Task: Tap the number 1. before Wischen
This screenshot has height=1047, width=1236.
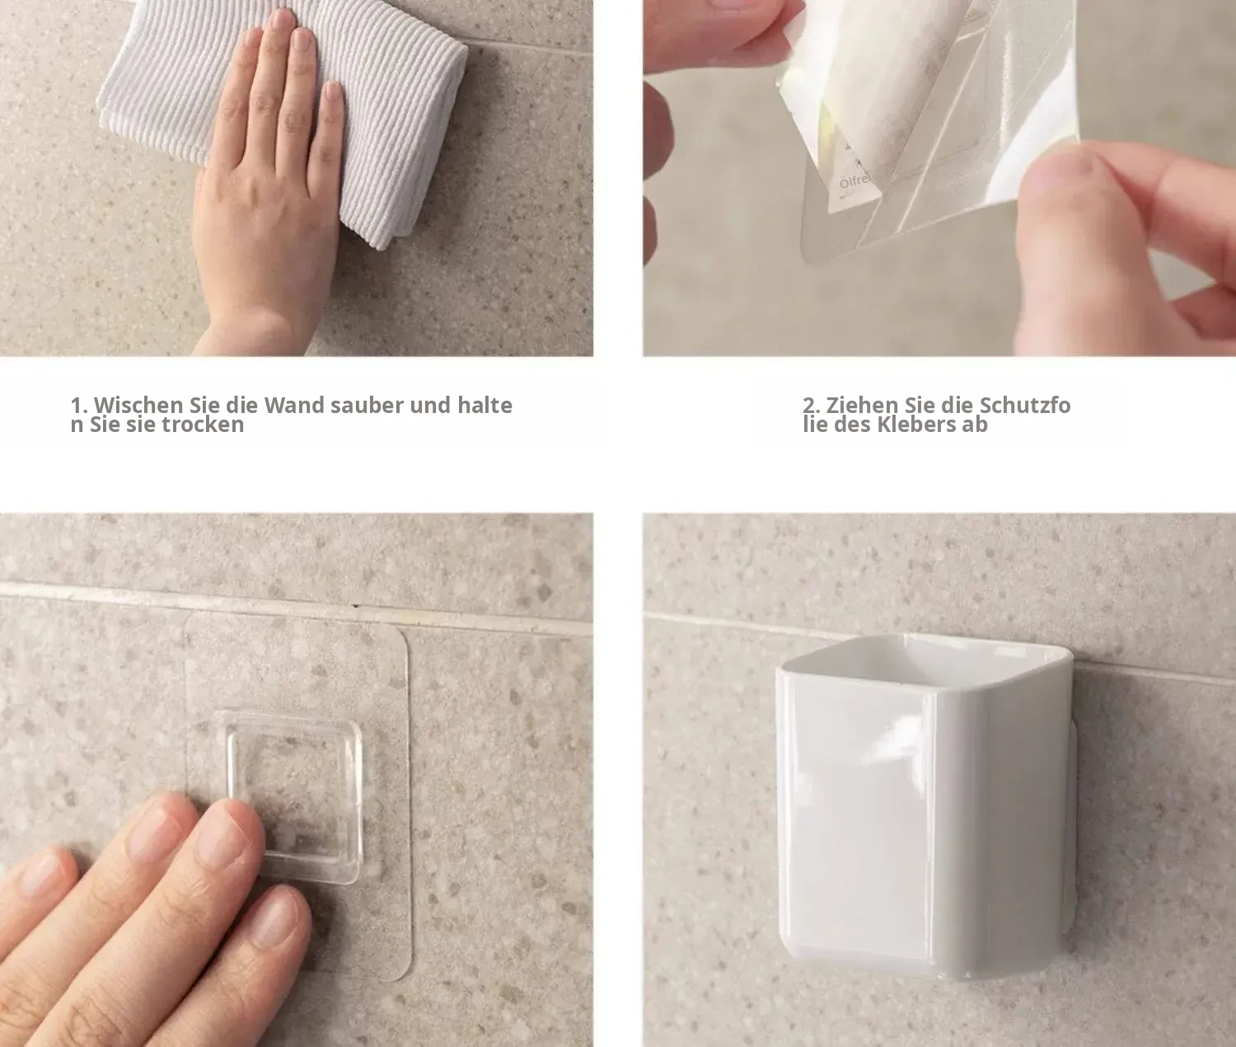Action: tap(79, 406)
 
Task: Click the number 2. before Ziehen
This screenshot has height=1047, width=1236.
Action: tap(811, 406)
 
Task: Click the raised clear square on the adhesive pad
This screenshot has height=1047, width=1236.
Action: tap(294, 796)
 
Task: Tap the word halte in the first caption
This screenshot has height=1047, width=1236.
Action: tap(485, 405)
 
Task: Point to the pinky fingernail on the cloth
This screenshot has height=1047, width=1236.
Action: tap(332, 96)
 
